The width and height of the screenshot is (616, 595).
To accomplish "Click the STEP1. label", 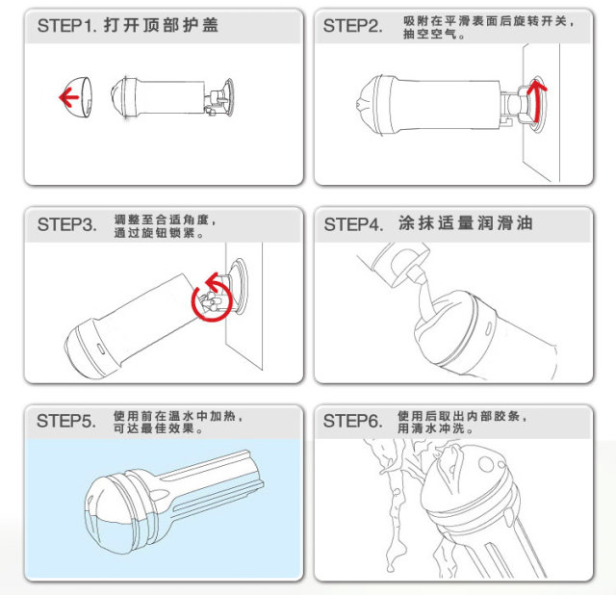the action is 67,26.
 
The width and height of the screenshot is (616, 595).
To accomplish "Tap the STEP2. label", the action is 353,26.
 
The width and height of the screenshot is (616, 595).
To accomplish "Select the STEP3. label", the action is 67,224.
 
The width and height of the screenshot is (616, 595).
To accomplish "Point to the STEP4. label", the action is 353,224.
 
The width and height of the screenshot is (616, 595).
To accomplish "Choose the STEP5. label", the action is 66,421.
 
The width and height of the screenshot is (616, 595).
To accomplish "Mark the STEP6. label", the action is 353,421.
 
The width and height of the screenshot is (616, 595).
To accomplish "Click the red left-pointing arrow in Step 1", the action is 69,97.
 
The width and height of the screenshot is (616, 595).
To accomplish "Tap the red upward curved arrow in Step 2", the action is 537,100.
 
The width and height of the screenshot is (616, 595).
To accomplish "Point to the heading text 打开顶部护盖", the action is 161,26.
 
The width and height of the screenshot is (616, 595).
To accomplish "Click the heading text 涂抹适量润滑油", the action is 466,223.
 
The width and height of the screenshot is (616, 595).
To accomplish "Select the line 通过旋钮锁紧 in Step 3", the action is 159,233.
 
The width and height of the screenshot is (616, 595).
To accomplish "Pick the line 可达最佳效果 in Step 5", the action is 158,428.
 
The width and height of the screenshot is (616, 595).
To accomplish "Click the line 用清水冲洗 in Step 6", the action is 435,428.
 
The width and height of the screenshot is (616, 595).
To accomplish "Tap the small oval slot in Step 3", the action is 100,349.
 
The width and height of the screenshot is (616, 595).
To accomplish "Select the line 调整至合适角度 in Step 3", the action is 165,220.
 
